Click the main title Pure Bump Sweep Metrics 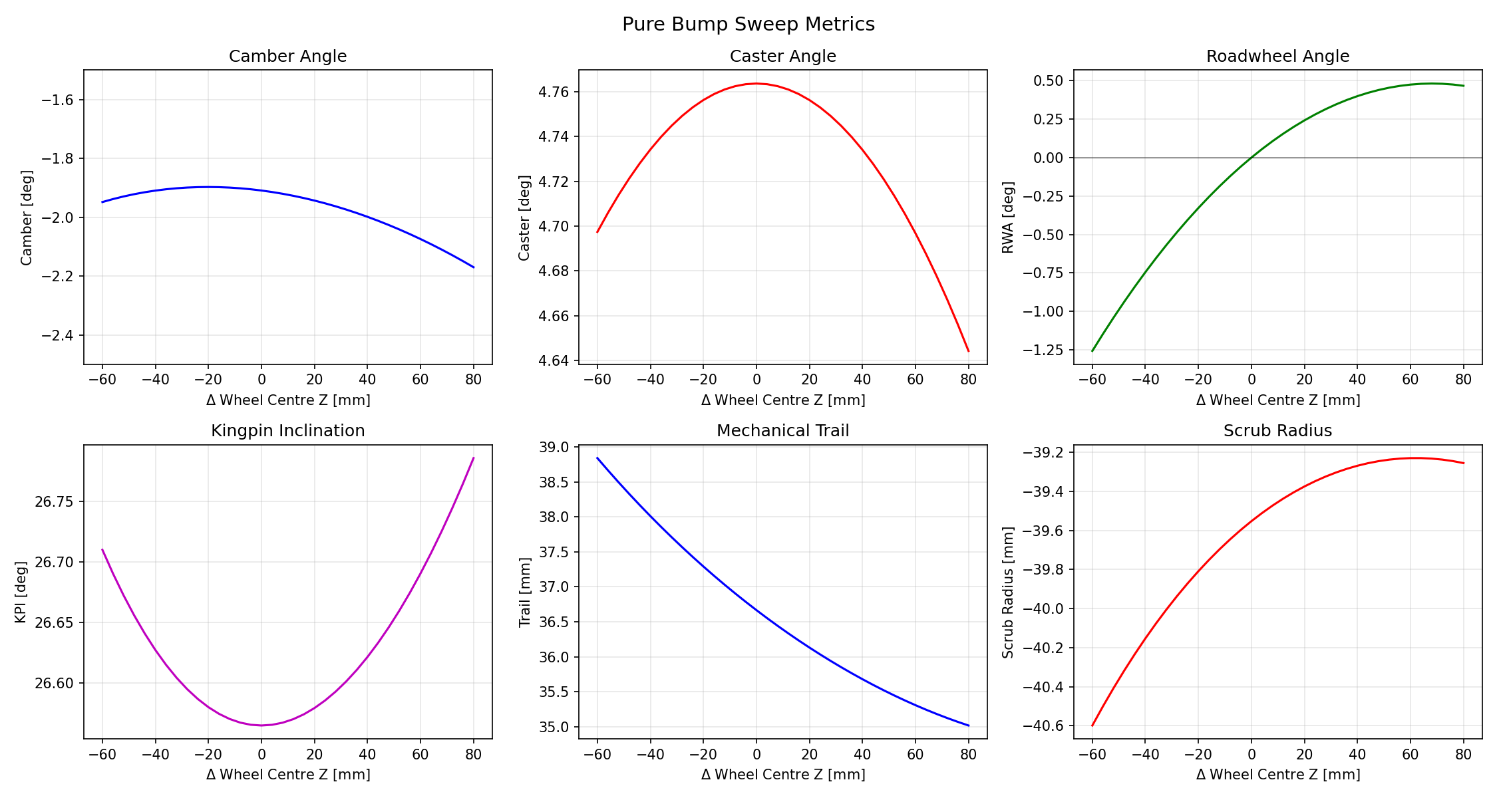pos(748,25)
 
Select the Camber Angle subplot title pos(287,57)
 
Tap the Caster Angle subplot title pos(782,57)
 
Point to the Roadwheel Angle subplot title pos(1277,57)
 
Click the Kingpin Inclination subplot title pos(287,431)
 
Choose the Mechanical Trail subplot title pos(782,431)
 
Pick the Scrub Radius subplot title pos(1277,431)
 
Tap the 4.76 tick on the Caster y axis pos(554,92)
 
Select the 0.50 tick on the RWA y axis pos(1049,80)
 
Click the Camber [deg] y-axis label pos(27,217)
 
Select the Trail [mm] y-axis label pos(524,592)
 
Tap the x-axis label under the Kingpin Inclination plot pos(287,775)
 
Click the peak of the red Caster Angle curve pos(756,84)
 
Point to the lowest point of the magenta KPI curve pos(261,725)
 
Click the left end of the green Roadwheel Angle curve pos(1092,351)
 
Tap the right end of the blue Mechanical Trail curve pos(969,726)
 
